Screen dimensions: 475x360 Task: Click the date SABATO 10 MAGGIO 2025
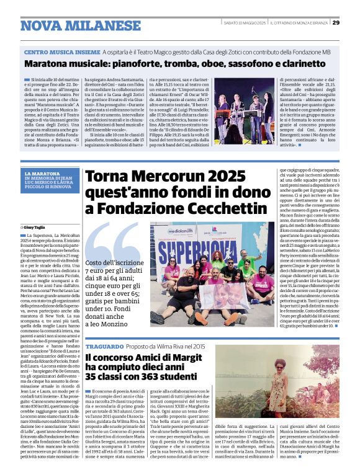pos(244,23)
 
